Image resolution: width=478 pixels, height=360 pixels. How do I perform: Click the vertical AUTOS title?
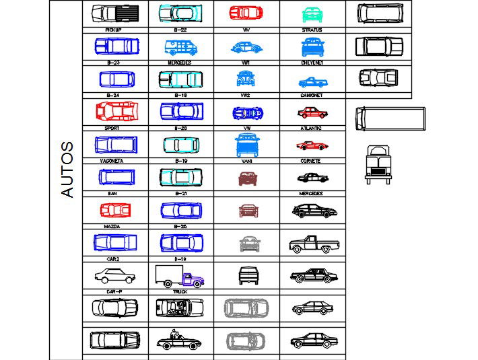click(67, 169)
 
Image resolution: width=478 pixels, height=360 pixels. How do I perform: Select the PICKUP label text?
click(114, 30)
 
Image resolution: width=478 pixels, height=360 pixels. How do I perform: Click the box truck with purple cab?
click(179, 276)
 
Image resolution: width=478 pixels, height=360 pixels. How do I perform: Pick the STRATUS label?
click(312, 30)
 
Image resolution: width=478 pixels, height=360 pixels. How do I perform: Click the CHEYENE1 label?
click(312, 63)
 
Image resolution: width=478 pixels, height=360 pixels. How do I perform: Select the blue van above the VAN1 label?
click(246, 145)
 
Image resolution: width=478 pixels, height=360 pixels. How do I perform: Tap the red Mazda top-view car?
click(114, 211)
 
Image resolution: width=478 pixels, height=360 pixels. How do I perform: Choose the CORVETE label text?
click(310, 161)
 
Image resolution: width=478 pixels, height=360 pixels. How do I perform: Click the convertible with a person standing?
click(179, 340)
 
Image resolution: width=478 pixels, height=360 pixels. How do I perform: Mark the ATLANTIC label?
click(310, 128)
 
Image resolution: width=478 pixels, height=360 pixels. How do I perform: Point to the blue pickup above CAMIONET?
click(312, 82)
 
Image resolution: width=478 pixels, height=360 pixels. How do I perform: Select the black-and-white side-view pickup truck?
click(312, 244)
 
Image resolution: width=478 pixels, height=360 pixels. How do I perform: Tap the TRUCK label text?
click(180, 292)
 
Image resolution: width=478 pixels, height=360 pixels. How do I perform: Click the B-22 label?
click(180, 30)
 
